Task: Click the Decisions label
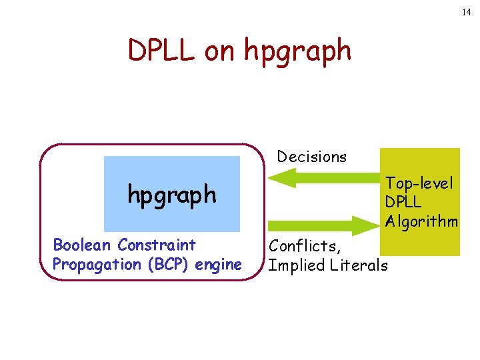(312, 157)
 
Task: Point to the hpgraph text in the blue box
(172, 195)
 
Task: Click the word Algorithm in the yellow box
(421, 221)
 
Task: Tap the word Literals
(359, 265)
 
